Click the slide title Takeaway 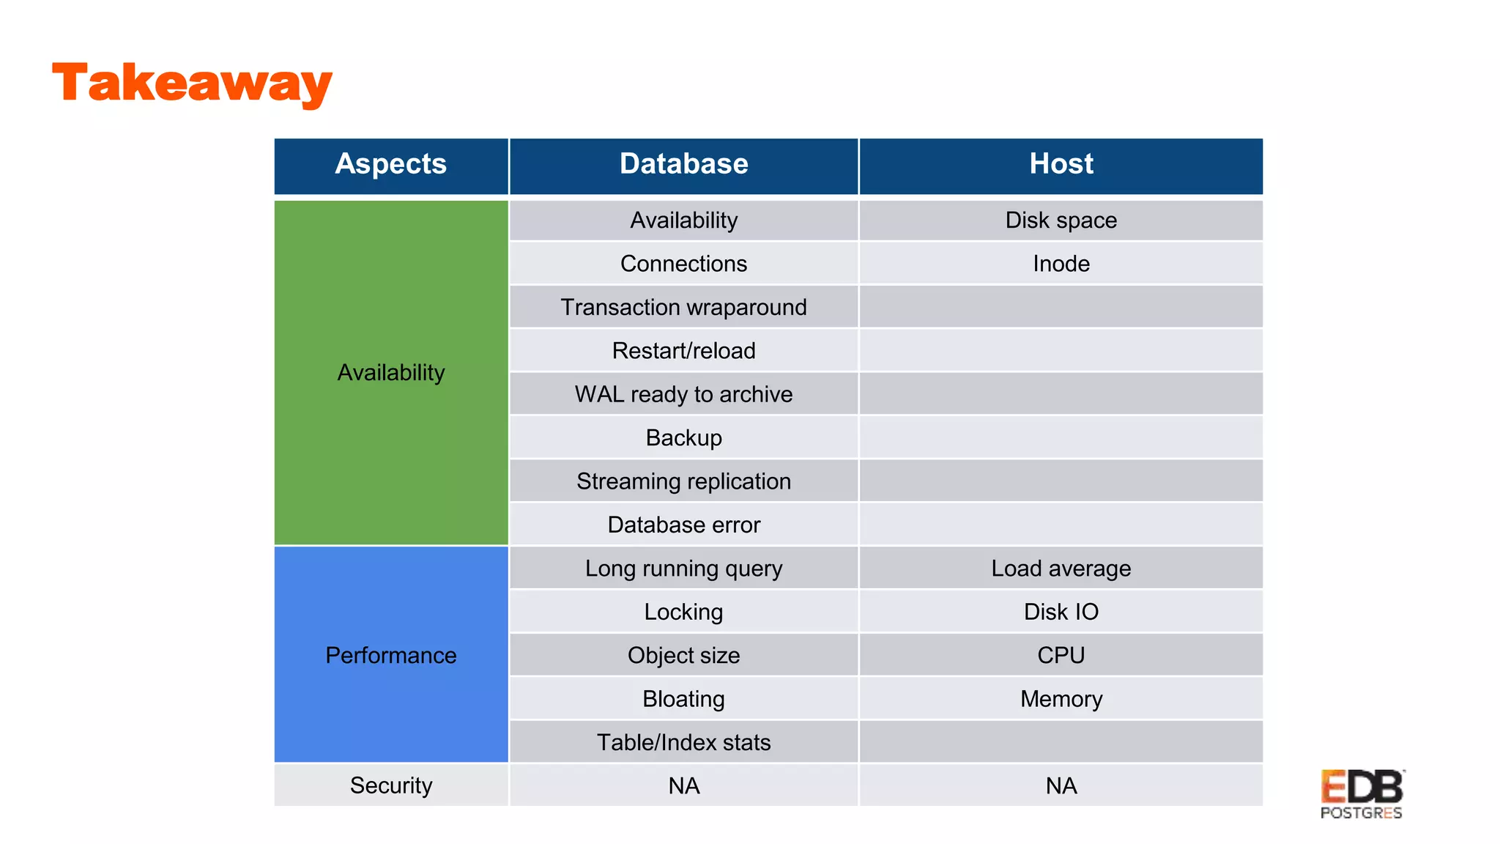pyautogui.click(x=192, y=83)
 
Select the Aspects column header pyautogui.click(x=390, y=164)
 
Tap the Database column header pyautogui.click(x=683, y=164)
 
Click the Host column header pyautogui.click(x=1061, y=164)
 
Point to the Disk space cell pyautogui.click(x=1061, y=220)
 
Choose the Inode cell pyautogui.click(x=1061, y=264)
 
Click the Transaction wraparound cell pyautogui.click(x=683, y=307)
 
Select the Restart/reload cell pyautogui.click(x=683, y=351)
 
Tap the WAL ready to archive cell pyautogui.click(x=683, y=394)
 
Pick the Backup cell pyautogui.click(x=683, y=437)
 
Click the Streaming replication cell pyautogui.click(x=683, y=481)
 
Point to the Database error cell pyautogui.click(x=683, y=525)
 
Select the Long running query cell pyautogui.click(x=683, y=569)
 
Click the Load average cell pyautogui.click(x=1061, y=569)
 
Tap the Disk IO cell pyautogui.click(x=1061, y=612)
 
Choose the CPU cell pyautogui.click(x=1061, y=655)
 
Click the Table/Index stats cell pyautogui.click(x=683, y=742)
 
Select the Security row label pyautogui.click(x=390, y=785)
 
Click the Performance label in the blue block pyautogui.click(x=390, y=655)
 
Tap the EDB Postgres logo pyautogui.click(x=1361, y=794)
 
